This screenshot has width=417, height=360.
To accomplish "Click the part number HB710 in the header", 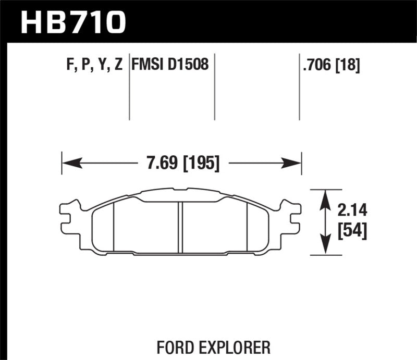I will tap(73, 22).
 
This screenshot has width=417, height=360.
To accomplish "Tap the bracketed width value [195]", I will tap(199, 164).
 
